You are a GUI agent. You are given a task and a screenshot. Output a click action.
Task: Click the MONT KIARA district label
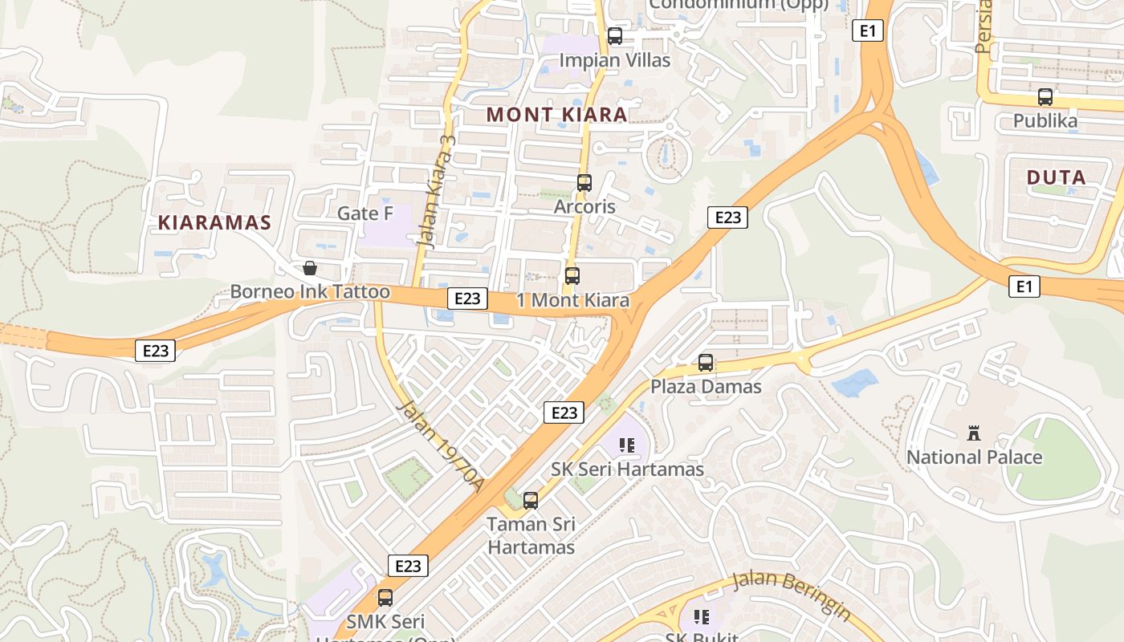(x=556, y=115)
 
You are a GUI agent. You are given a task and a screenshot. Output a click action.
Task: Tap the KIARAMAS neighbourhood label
(x=214, y=223)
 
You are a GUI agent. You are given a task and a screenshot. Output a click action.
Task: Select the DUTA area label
(x=1057, y=177)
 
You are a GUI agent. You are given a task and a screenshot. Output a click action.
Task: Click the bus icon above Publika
(x=1045, y=97)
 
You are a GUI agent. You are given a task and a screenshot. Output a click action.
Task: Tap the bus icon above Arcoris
(x=584, y=183)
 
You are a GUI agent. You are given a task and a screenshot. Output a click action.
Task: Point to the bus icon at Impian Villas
(x=614, y=36)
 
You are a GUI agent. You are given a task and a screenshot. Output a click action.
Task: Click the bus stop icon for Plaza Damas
(x=706, y=363)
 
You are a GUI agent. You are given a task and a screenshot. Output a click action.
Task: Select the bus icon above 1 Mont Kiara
(x=572, y=276)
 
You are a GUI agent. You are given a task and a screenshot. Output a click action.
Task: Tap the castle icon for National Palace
(x=974, y=434)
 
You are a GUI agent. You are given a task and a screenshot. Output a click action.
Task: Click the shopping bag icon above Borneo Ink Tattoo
(x=310, y=268)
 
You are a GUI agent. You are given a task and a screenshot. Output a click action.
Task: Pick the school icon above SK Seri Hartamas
(x=627, y=445)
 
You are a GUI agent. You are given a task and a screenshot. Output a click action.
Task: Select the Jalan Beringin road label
(x=791, y=595)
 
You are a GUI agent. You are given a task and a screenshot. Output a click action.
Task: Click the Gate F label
(x=365, y=213)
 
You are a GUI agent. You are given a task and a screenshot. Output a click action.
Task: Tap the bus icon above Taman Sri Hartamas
(x=531, y=501)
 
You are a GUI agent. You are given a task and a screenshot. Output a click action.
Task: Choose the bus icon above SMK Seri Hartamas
(x=385, y=598)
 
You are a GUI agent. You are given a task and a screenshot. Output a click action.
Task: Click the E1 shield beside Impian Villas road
(x=867, y=31)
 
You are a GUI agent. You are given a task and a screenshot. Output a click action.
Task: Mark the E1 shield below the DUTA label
(x=1024, y=286)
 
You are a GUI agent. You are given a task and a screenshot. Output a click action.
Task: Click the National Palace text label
(x=974, y=457)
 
